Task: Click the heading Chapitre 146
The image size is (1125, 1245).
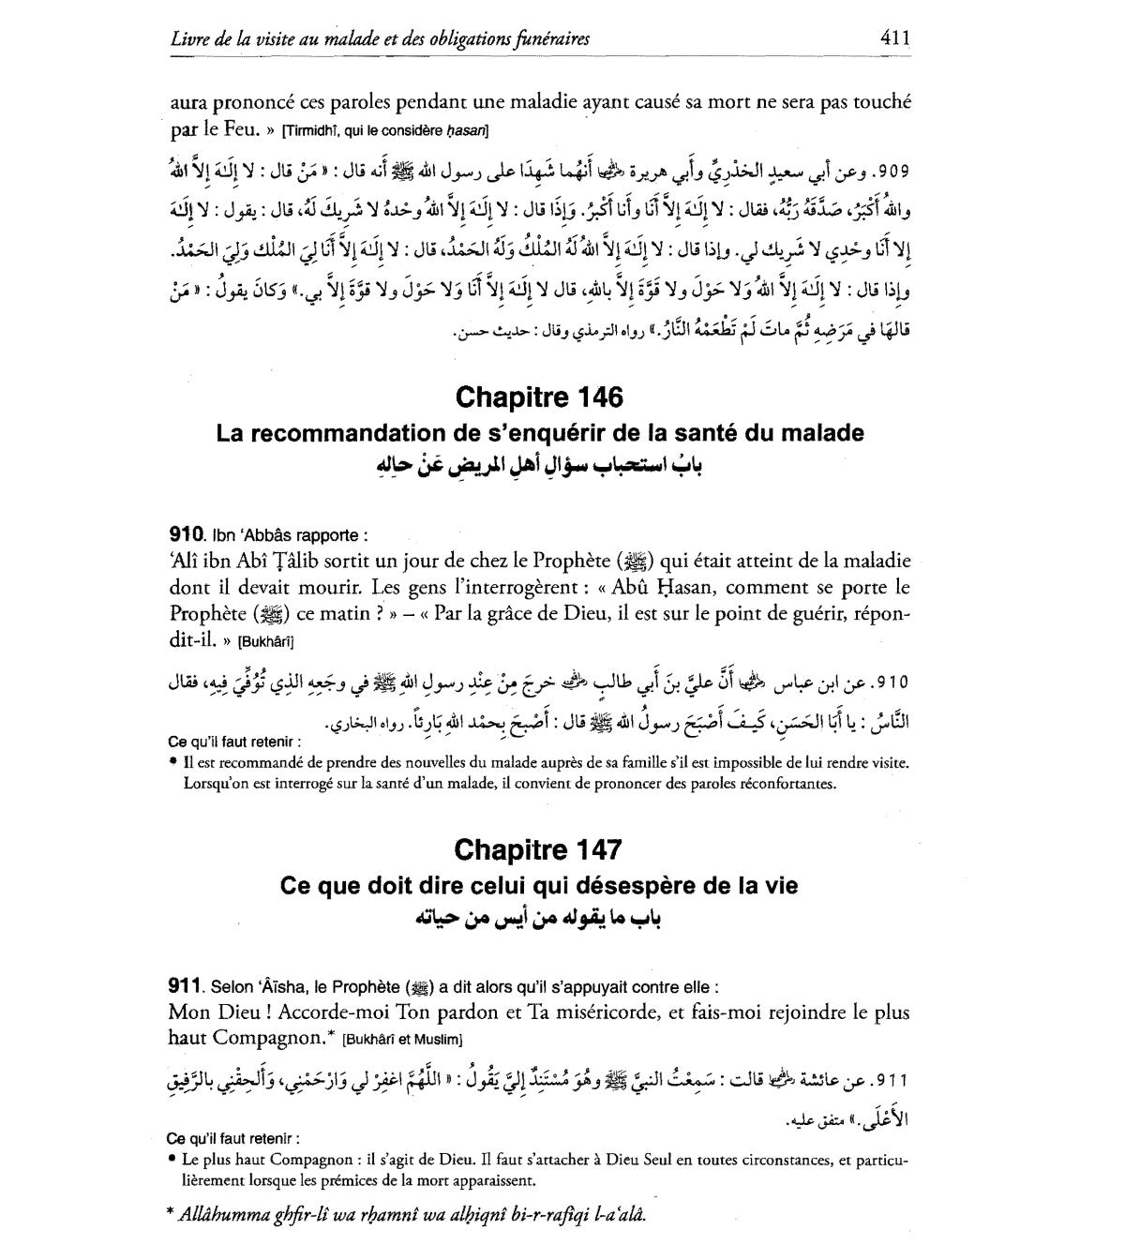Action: pyautogui.click(x=538, y=397)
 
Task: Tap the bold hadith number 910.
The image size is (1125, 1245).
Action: pyautogui.click(x=187, y=535)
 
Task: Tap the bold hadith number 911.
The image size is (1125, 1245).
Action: pyautogui.click(x=185, y=986)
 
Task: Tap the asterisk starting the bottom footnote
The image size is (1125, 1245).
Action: pyautogui.click(x=170, y=1214)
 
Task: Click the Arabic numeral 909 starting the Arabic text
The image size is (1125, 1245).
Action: pyautogui.click(x=891, y=172)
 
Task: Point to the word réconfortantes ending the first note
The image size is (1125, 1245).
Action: pyautogui.click(x=782, y=783)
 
